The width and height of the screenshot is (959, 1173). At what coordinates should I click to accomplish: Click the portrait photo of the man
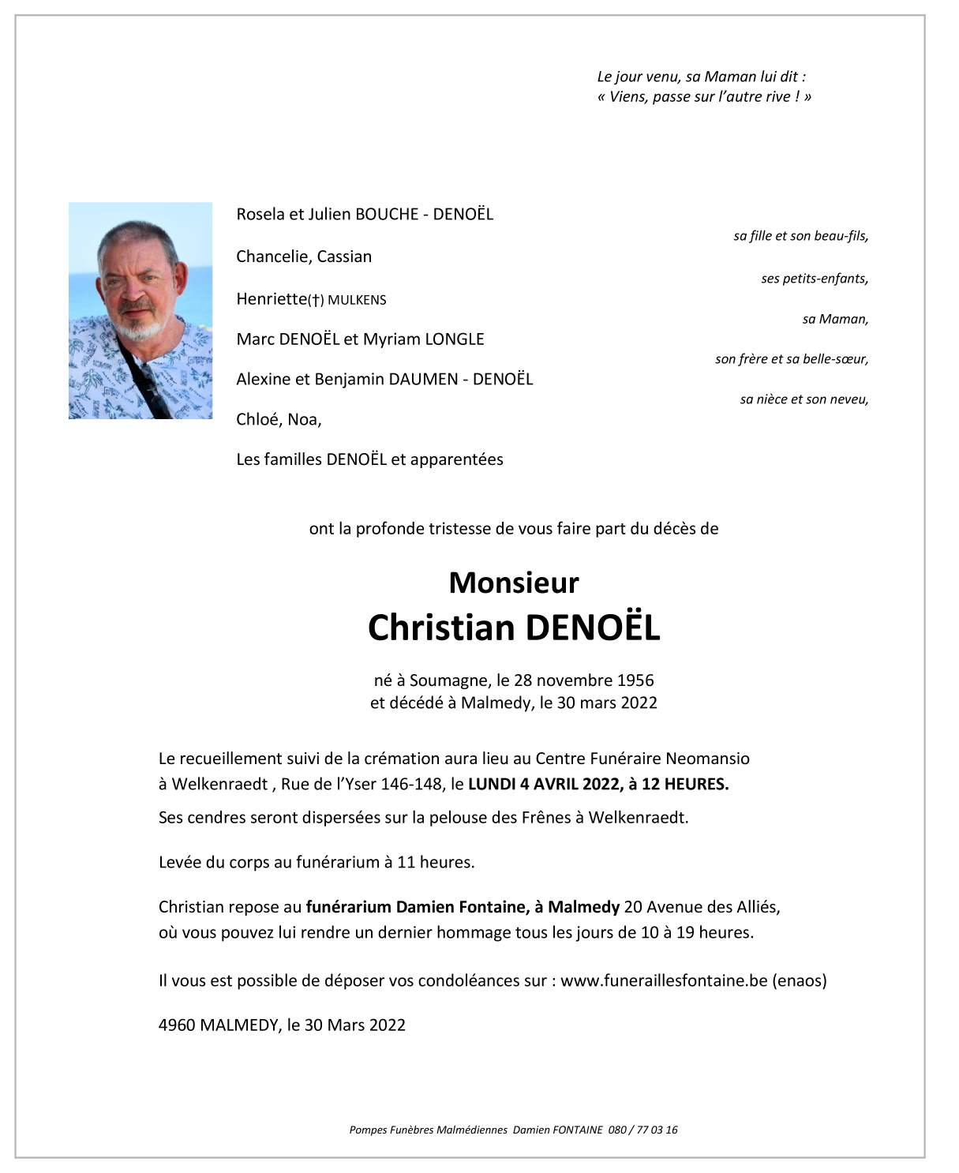coord(140,310)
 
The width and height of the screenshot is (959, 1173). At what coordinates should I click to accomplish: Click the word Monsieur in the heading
coord(514,583)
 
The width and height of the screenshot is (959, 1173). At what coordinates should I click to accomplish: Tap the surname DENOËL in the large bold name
coord(592,628)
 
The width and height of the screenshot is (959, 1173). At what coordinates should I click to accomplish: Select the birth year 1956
coord(635,680)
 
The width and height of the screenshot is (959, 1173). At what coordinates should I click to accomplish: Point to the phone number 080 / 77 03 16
coord(642,1130)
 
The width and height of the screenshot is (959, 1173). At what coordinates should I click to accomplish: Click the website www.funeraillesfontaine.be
coord(664,980)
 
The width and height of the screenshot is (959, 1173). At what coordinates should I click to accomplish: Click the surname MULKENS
coord(357,300)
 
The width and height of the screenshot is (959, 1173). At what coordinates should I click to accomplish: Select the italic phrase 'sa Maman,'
coord(835,319)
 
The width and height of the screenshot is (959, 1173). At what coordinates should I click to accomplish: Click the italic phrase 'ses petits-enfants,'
coord(815,279)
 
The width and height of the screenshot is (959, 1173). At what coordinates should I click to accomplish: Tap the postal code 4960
coord(177,1025)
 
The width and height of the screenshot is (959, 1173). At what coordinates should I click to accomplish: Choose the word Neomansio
coord(707,759)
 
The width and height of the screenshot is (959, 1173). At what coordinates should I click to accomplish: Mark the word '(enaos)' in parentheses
coord(800,980)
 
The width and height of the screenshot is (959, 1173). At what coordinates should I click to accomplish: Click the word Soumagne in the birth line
coord(448,680)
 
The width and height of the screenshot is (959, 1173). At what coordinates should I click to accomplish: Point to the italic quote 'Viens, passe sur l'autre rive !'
coord(704,96)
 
